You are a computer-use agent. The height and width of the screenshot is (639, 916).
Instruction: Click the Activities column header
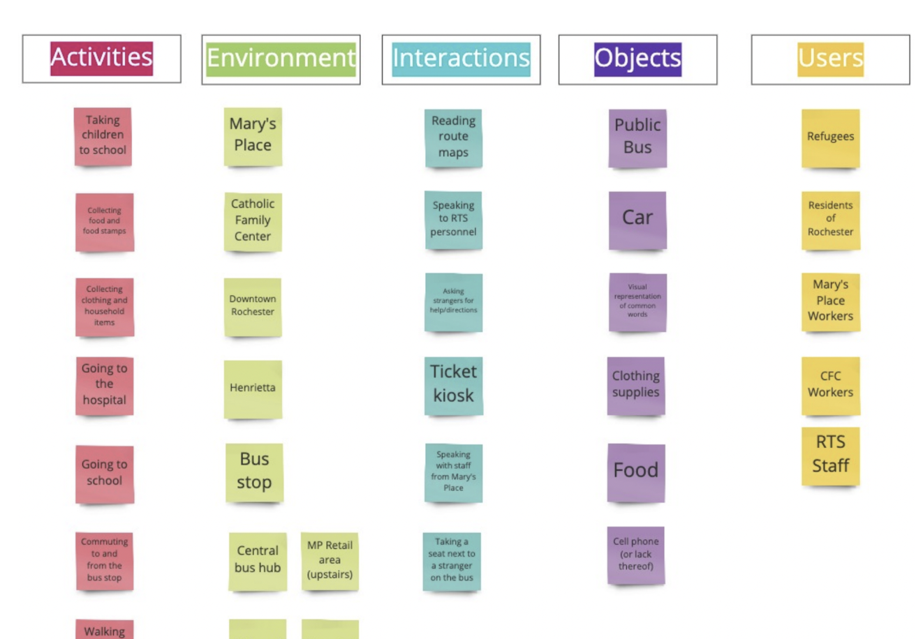point(101,59)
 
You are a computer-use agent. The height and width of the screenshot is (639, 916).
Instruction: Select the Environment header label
point(281,59)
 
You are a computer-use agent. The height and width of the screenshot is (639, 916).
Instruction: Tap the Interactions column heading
point(461,59)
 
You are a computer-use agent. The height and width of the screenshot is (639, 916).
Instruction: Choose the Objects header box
point(637,59)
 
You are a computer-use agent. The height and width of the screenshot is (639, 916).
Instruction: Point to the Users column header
point(830,59)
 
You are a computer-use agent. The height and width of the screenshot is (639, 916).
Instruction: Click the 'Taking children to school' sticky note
point(103,136)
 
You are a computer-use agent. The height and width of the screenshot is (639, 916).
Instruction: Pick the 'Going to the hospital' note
point(104,385)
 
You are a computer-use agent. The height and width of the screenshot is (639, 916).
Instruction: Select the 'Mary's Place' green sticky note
point(253,136)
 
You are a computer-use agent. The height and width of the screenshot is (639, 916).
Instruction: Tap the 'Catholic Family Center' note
point(253,220)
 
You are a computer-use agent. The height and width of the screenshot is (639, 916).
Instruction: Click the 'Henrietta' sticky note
point(253,389)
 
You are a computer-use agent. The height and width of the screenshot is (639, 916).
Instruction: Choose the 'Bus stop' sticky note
point(254,472)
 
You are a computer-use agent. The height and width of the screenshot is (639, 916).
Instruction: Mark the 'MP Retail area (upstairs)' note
point(330,561)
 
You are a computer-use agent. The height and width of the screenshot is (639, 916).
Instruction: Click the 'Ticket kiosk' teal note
point(453,384)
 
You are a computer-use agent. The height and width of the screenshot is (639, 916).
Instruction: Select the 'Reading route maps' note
point(453,137)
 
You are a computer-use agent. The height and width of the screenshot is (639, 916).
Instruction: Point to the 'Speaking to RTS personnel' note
point(453,219)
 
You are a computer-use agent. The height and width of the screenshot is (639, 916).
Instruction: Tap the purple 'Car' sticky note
point(637,219)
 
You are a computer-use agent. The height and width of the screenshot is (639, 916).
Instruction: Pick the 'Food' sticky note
point(636,472)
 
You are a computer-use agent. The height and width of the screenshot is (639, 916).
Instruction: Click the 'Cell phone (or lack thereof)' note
point(636,555)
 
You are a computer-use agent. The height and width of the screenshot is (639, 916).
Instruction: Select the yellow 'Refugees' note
point(830,137)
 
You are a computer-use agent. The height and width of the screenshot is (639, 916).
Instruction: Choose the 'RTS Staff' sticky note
point(830,455)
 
